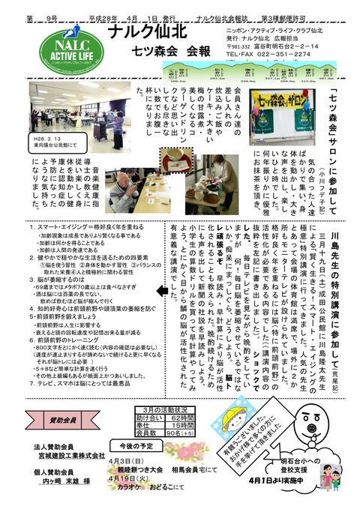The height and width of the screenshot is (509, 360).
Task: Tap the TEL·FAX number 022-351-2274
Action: [262, 54]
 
